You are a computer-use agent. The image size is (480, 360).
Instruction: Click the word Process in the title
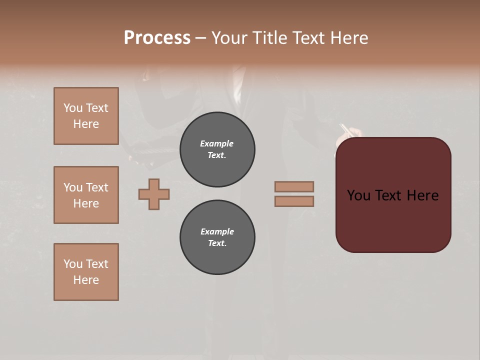coord(157,38)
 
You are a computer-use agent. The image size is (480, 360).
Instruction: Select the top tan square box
coord(86,116)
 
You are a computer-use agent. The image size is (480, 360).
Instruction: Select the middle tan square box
coord(86,195)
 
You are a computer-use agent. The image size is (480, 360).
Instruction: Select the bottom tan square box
coord(86,272)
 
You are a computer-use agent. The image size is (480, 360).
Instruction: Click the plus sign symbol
coord(154,194)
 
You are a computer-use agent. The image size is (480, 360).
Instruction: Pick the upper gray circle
coord(217,149)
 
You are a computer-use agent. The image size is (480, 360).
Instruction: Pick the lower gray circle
coord(217,237)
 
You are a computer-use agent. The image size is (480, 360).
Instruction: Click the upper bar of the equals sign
coord(294,186)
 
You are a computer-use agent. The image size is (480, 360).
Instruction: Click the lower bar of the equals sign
coord(294,201)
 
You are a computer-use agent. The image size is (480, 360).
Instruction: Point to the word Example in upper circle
coord(217,143)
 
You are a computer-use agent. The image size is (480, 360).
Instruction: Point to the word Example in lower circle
coord(217,231)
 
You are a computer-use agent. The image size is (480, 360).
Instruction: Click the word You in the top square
coord(73,108)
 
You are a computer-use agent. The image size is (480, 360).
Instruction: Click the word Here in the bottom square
coord(86,280)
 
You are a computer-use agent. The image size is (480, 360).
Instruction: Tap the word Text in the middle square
coord(96,187)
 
